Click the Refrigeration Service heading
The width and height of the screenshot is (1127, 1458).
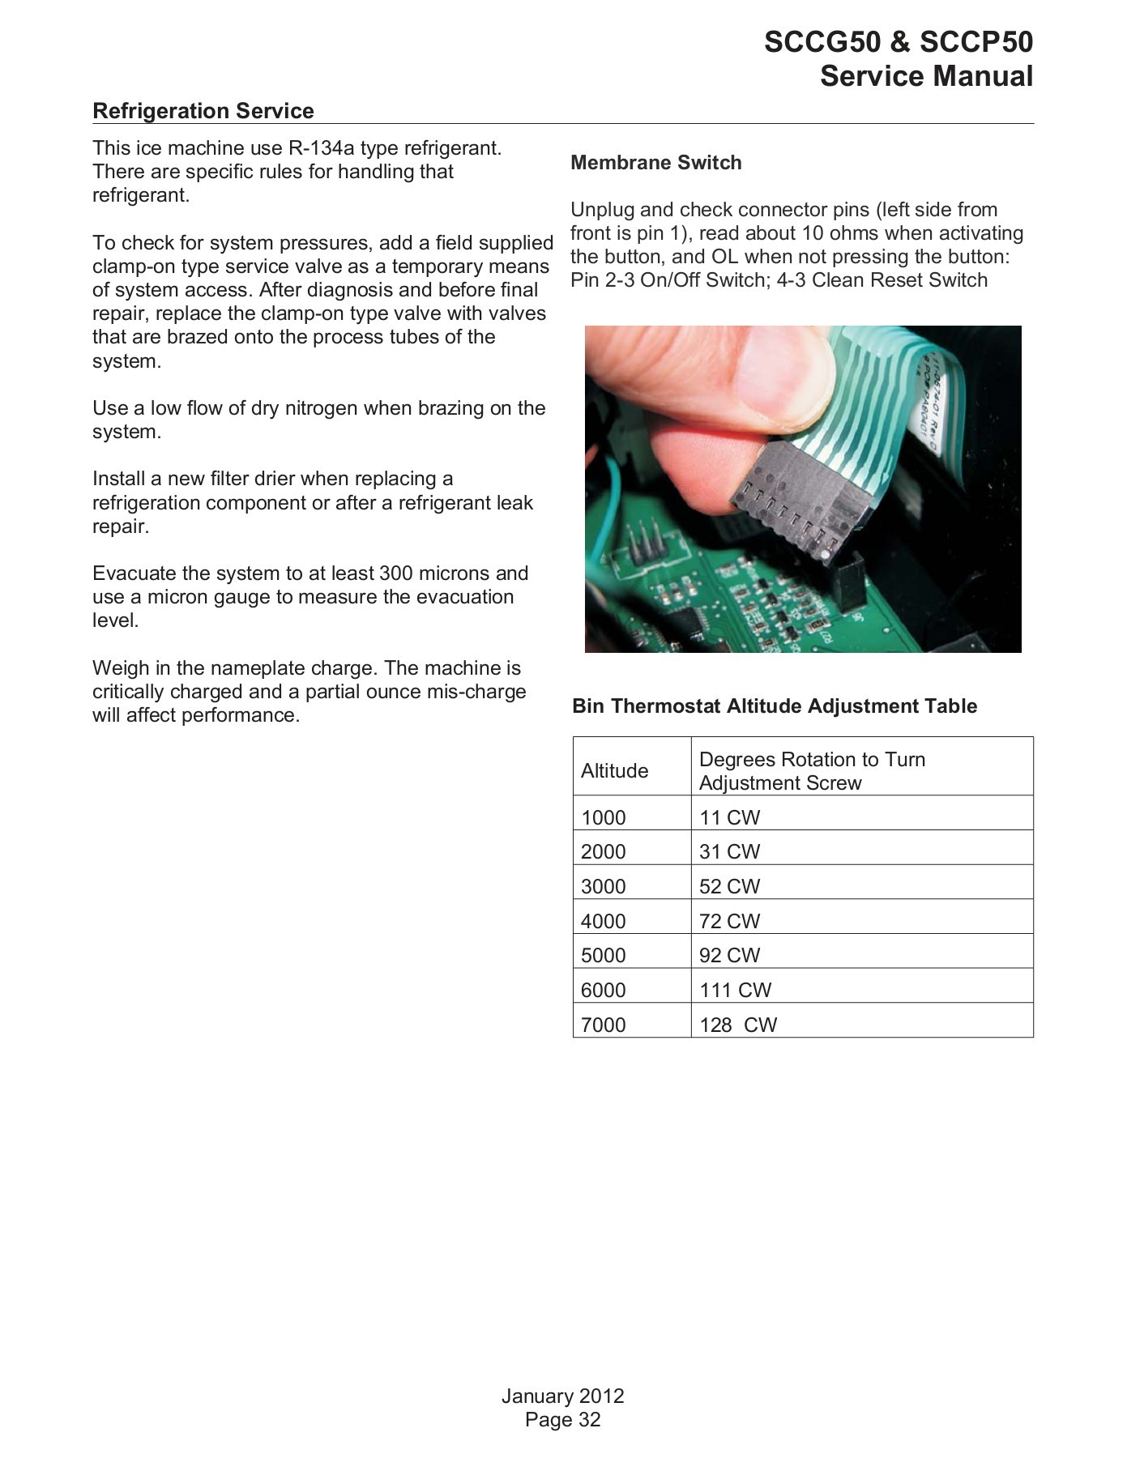click(x=203, y=111)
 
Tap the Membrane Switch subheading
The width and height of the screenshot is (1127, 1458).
click(x=655, y=163)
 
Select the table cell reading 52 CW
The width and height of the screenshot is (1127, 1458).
click(x=729, y=886)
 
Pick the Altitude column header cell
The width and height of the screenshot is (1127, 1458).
click(x=614, y=770)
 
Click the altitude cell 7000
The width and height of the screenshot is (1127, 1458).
click(x=603, y=1025)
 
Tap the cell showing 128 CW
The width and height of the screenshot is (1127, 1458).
click(x=737, y=1025)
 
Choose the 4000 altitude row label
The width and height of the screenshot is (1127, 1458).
click(x=603, y=921)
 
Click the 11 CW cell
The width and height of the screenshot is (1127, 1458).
click(x=729, y=817)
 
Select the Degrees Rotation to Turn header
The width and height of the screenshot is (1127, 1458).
click(x=811, y=760)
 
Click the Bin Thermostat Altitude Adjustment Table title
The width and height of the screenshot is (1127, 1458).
click(x=774, y=706)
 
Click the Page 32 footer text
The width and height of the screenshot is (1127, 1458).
click(x=562, y=1419)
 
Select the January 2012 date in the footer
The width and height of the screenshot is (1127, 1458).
click(x=562, y=1396)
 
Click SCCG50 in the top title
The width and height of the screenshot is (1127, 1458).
click(x=821, y=42)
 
